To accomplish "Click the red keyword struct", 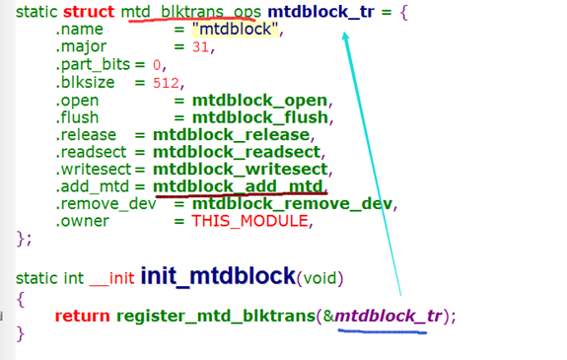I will [90, 14].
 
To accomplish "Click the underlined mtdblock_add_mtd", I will [239, 186].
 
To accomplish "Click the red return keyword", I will [82, 317].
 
